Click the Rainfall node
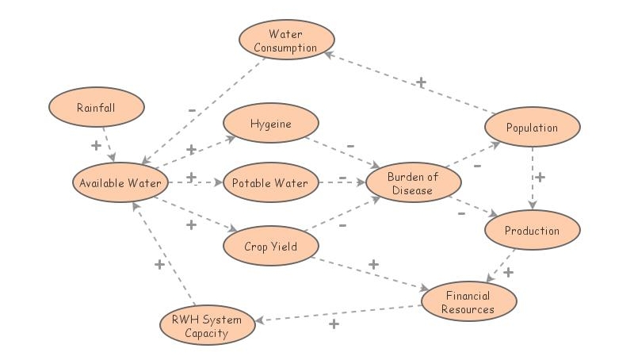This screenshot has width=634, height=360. coord(97,107)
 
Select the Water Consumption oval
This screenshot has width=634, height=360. coord(287,40)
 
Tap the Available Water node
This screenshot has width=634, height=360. coord(120,183)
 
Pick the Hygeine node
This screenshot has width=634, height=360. coord(271,124)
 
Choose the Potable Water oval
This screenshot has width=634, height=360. coord(270,183)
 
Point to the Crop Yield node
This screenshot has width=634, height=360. coord(271,246)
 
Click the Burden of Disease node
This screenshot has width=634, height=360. coord(413,183)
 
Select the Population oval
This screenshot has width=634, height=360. coord(533,127)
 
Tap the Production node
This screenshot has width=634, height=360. coord(533,231)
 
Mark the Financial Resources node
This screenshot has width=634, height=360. coord(468,302)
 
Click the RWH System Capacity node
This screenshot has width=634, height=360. coord(207,326)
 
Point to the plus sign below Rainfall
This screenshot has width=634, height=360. coord(96,146)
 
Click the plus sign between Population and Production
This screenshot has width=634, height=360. coord(540,177)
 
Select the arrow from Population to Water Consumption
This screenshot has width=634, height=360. coord(412,82)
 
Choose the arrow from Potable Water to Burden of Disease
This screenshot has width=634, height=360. coord(336,183)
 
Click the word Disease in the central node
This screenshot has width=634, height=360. coord(413,190)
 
